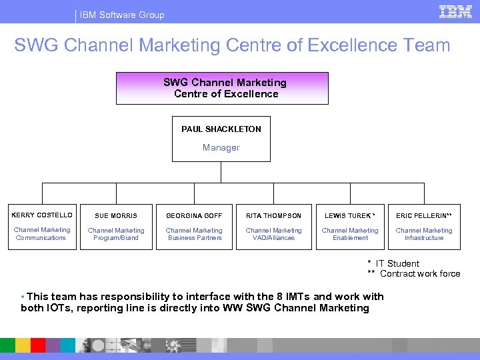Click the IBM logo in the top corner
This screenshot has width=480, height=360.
pos(456,12)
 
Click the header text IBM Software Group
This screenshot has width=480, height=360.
pos(122,15)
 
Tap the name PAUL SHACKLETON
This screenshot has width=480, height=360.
pos(221,129)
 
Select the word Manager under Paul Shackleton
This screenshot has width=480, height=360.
pos(221,147)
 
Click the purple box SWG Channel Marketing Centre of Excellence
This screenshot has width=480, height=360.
pos(223,88)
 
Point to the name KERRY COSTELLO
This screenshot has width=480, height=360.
pos(42,215)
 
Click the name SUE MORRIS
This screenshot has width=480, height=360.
pos(116,216)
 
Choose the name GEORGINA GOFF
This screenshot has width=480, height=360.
pos(195,216)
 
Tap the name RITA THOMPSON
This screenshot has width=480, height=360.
pos(273,216)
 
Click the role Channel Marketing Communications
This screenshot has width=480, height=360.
pos(41,234)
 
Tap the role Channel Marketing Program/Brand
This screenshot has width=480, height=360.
pos(116,234)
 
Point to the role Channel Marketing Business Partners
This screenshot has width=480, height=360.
pos(195,234)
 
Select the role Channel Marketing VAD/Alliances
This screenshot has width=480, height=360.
pos(273,234)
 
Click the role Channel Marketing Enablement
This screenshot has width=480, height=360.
pos(350,234)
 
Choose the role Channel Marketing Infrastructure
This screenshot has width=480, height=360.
pos(424,234)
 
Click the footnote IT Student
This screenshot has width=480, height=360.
pos(397,263)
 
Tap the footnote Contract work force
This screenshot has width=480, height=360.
pos(419,274)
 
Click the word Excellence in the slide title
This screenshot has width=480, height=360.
pos(344,45)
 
